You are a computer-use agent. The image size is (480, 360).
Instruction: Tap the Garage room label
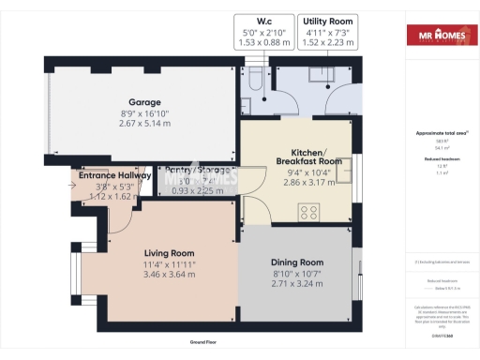(145, 102)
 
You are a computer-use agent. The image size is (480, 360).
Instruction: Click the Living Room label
(169, 252)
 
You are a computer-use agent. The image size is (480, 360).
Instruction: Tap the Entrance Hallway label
(115, 175)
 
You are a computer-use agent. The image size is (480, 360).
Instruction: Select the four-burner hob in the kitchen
(310, 213)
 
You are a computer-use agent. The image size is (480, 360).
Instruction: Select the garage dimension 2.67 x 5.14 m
(145, 123)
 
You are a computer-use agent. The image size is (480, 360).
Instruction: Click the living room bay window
(75, 273)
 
